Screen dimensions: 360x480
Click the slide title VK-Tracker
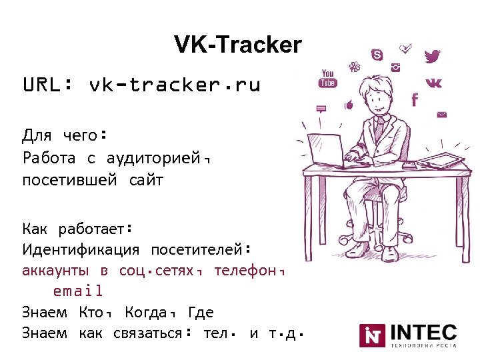238,45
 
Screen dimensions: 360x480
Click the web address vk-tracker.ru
174,85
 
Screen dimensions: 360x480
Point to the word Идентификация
81,250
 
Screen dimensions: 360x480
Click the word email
78,291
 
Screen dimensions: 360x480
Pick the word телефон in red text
247,271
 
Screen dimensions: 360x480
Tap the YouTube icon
327,78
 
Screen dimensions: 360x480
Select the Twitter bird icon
433,57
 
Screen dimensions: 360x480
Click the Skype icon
378,54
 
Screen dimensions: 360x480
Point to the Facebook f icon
415,99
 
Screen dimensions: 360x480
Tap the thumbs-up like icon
348,105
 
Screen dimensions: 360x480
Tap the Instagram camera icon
396,67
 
